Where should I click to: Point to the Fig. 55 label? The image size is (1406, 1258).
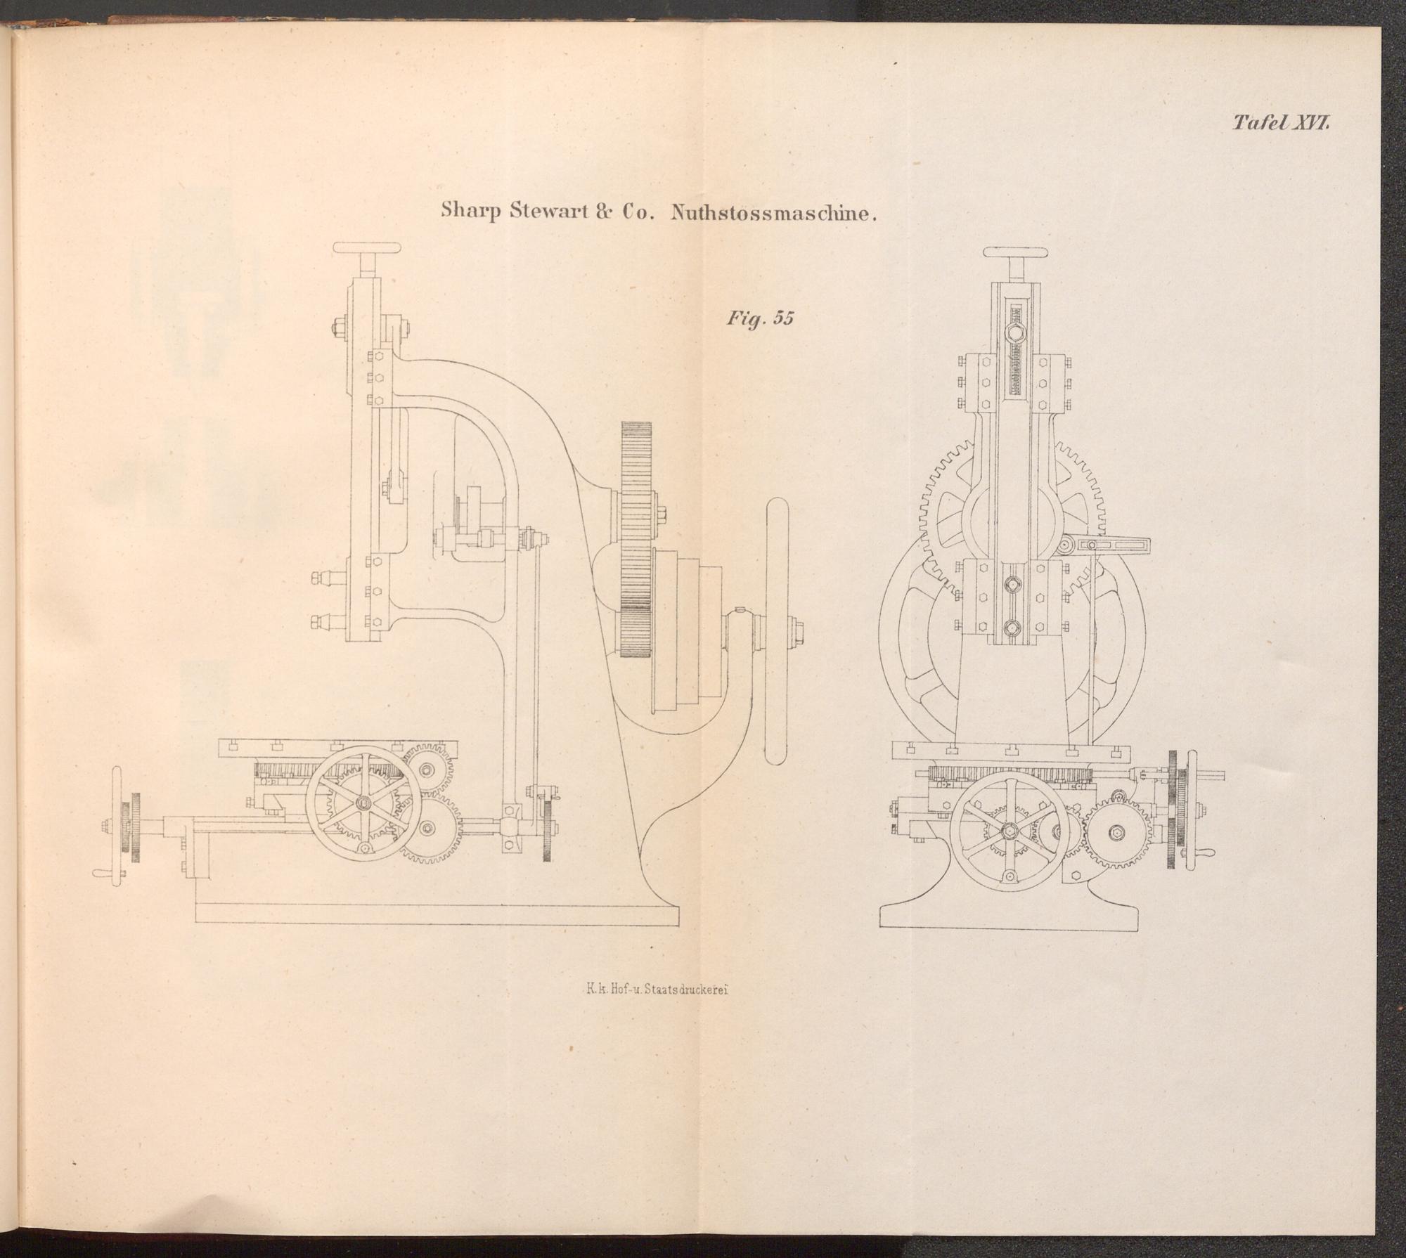coord(760,318)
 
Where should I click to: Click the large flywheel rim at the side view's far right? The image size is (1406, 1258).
coord(777,631)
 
